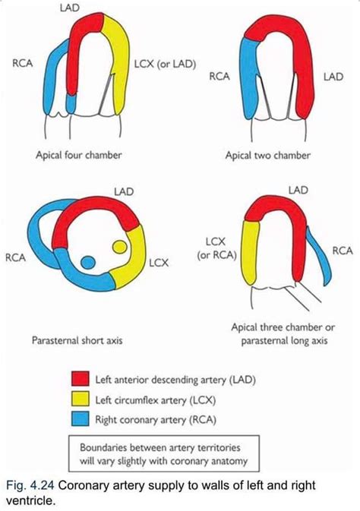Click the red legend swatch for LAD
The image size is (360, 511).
[x=80, y=377]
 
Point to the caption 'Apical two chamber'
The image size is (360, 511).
[x=268, y=155]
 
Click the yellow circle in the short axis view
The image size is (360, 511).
[x=119, y=247]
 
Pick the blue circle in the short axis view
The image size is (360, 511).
[x=88, y=263]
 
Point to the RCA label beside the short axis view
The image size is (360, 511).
[x=14, y=257]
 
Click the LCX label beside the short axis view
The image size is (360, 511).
[x=159, y=263]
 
